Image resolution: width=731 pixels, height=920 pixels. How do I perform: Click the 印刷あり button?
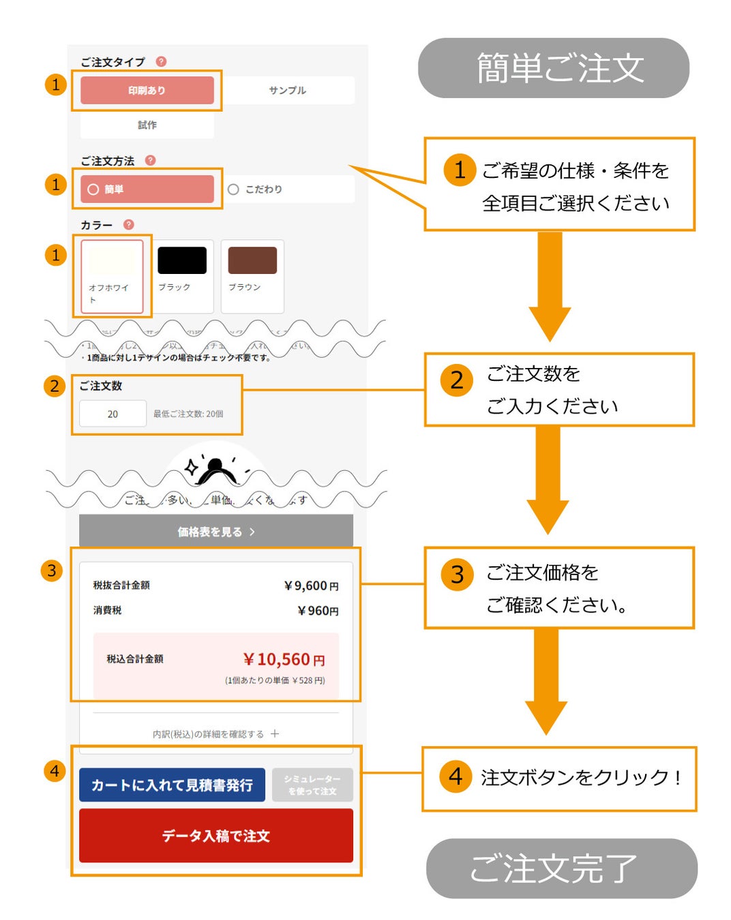coord(147,90)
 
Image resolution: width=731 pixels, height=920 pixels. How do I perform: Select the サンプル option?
coord(287,90)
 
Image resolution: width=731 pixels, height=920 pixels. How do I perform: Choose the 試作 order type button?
coord(147,125)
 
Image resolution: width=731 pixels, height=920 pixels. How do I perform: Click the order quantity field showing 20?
coord(113,414)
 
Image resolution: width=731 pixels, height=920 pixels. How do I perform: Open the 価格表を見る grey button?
coord(215,532)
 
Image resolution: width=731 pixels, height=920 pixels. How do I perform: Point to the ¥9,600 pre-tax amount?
coord(311,585)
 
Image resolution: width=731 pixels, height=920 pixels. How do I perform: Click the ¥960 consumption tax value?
coord(318,611)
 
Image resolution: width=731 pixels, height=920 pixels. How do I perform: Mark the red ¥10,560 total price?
coord(284,660)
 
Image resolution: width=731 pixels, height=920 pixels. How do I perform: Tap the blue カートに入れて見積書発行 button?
coord(172,785)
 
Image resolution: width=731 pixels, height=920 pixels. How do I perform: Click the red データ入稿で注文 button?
coord(215,835)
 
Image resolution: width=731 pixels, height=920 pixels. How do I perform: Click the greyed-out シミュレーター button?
coord(312,785)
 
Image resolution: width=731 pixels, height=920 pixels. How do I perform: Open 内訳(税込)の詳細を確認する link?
coord(215,734)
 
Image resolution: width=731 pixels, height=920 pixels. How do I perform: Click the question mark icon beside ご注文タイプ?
coord(162,61)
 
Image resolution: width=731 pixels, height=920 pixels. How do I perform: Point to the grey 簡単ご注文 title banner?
coord(553,68)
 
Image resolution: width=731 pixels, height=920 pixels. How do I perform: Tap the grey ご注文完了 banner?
coord(561,868)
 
